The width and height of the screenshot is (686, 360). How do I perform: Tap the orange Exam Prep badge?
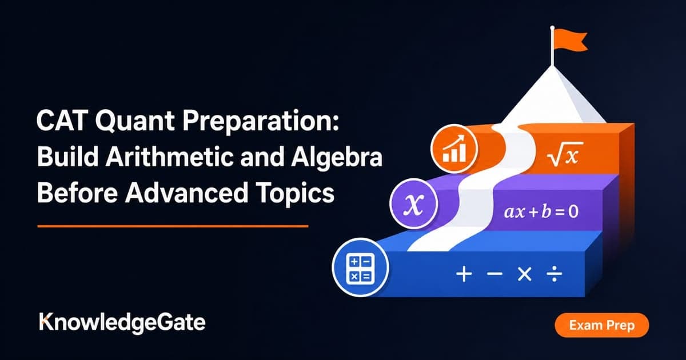[601, 325]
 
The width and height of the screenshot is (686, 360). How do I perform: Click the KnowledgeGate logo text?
[122, 323]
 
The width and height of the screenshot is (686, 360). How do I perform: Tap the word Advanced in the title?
[186, 193]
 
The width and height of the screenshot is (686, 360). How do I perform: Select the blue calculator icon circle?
[360, 267]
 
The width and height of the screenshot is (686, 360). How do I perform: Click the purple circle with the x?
[414, 203]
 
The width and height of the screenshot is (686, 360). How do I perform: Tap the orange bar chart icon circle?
[454, 149]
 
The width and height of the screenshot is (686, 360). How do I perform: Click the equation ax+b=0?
[541, 212]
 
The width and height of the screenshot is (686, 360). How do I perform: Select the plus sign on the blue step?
[464, 274]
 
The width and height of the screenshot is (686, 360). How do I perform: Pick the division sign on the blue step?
[555, 274]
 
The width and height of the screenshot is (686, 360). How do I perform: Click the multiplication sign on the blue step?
[524, 274]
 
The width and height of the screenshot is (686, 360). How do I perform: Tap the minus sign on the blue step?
[494, 274]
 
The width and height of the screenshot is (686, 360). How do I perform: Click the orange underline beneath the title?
[173, 226]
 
